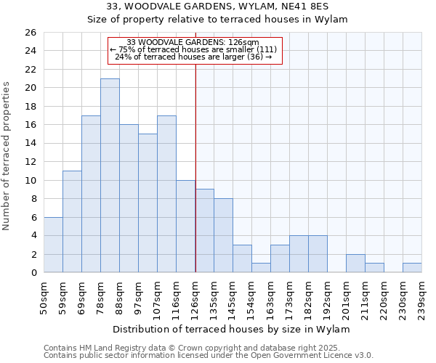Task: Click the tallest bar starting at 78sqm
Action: (x=110, y=176)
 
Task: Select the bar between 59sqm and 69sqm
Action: (x=72, y=221)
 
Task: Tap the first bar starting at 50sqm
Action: (x=53, y=245)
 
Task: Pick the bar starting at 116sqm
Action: (x=185, y=227)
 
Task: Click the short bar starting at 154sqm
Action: (x=261, y=268)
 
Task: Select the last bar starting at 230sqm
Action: (x=412, y=268)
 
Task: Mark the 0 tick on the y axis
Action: (x=33, y=273)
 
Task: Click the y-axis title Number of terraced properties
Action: (x=7, y=156)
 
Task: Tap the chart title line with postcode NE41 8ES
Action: (x=217, y=7)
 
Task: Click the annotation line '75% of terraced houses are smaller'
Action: (x=193, y=49)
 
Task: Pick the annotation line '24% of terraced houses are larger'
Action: (x=193, y=57)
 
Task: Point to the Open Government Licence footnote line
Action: (x=208, y=356)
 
